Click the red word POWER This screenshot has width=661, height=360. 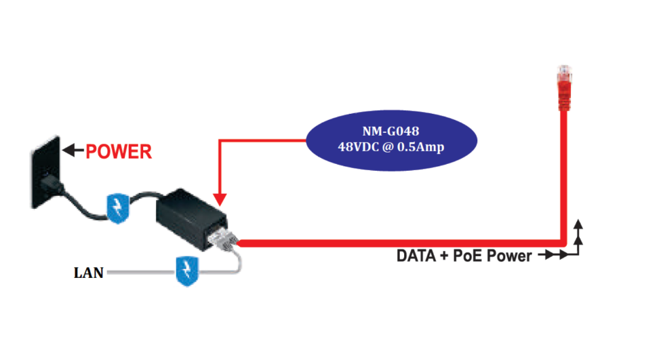point(119,152)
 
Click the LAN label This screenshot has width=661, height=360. point(88,273)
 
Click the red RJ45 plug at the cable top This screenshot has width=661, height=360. point(562,85)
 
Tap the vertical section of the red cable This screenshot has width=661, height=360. point(563,176)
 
